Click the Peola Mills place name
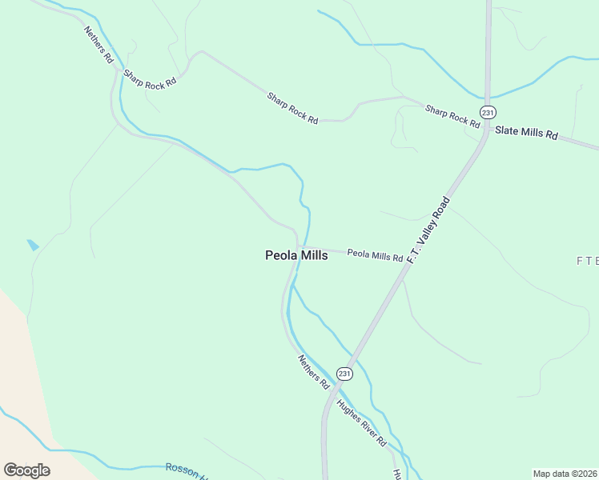pos(296,255)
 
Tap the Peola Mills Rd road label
pos(375,255)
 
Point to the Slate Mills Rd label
pos(525,133)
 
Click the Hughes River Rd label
pos(361,422)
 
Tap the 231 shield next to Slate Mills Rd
pos(486,110)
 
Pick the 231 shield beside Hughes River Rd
pos(344,374)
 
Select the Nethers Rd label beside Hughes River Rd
pos(314,372)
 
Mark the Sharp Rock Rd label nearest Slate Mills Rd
pos(452,116)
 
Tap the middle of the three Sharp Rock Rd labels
pos(292,108)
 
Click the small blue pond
pos(33,245)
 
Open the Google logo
pos(26,470)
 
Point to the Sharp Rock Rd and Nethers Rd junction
pos(118,72)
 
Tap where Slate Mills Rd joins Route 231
pos(486,128)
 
